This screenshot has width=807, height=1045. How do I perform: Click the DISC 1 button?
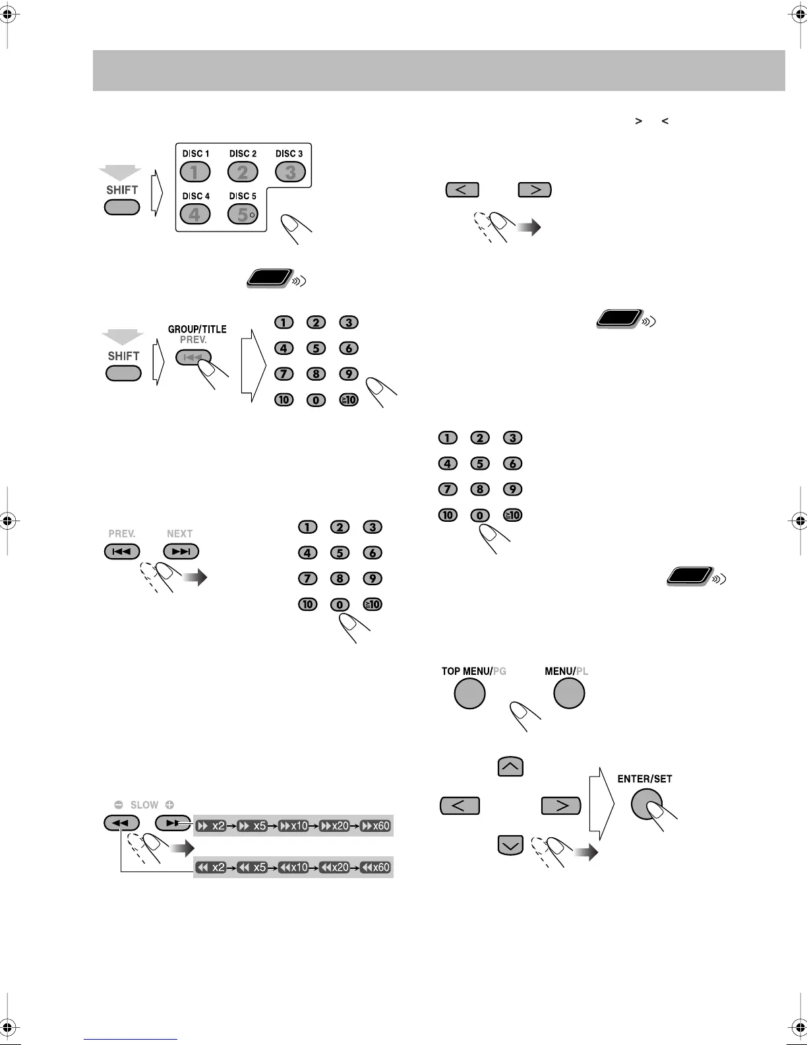[195, 172]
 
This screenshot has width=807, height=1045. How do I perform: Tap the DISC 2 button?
[243, 172]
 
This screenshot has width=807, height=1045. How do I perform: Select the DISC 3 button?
[290, 172]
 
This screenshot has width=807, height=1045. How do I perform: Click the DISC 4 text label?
[196, 196]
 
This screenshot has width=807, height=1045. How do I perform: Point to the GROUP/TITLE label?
[197, 329]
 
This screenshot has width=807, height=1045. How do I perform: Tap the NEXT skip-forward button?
[181, 552]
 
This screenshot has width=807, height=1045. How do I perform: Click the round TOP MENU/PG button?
[470, 693]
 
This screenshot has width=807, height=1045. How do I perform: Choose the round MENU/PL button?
[569, 693]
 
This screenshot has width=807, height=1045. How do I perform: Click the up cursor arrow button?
[510, 767]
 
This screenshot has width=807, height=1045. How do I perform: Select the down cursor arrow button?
[510, 845]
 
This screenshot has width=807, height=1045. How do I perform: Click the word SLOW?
[144, 805]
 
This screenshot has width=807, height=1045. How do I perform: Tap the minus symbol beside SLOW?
[119, 805]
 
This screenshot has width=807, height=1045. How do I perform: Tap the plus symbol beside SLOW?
[169, 805]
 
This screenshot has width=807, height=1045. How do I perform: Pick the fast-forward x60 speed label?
[376, 826]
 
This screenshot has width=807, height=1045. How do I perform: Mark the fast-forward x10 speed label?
[294, 826]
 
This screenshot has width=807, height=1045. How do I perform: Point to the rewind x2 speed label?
[212, 868]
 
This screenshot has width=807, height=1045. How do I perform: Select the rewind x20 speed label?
[335, 868]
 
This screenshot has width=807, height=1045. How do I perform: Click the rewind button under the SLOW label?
[121, 823]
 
